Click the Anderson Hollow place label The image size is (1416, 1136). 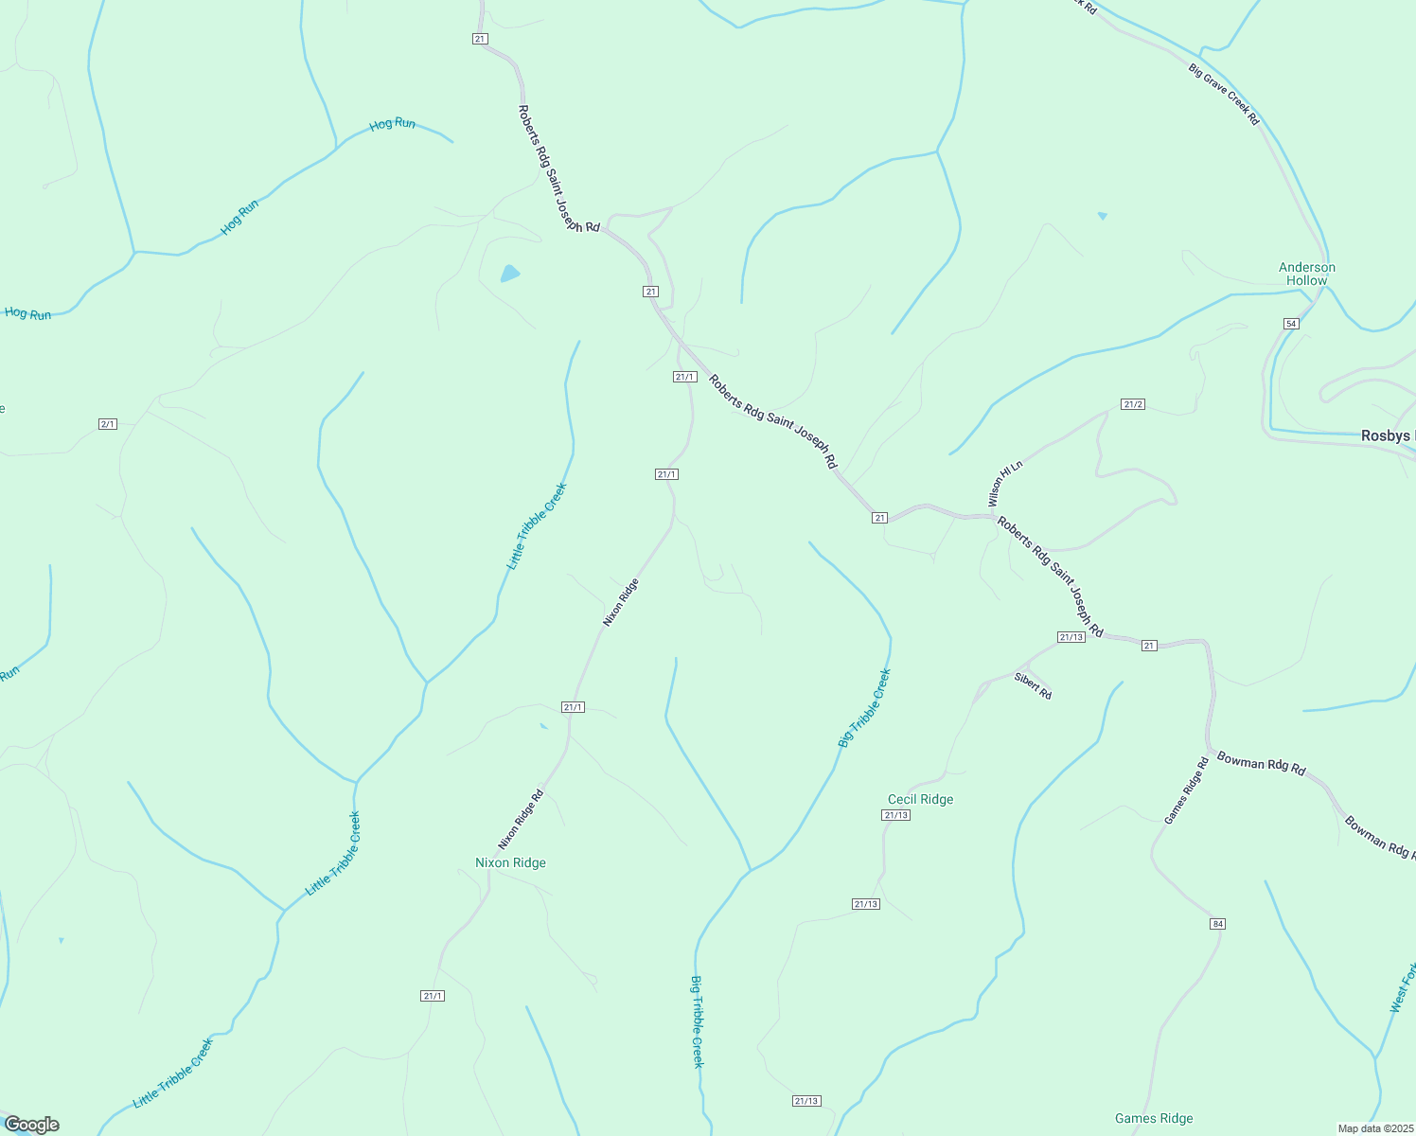coord(1307,274)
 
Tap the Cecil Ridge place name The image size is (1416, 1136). coord(920,799)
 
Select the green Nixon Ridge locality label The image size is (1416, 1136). coord(510,862)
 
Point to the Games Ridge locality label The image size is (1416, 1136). coord(1153,1118)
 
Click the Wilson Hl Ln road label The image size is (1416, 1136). coord(1005,484)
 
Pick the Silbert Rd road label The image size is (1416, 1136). coord(1033,685)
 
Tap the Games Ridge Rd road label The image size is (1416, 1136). coord(1186,790)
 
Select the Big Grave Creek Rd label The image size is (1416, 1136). coord(1224,95)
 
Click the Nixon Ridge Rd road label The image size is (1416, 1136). coord(521,819)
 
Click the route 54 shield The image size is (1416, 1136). coord(1291,324)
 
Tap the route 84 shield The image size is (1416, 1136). coord(1217,923)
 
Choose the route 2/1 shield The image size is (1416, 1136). coord(108,423)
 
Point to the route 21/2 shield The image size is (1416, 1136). coord(1133,404)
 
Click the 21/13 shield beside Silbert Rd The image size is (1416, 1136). coord(1071,637)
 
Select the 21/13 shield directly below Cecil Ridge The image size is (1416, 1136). coord(895,815)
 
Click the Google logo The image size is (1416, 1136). coord(31,1125)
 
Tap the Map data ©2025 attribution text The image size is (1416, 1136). coord(1374,1128)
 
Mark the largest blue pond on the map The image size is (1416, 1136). coord(510,275)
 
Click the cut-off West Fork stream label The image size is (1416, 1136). coord(1403,988)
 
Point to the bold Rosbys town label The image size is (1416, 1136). coord(1388,436)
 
